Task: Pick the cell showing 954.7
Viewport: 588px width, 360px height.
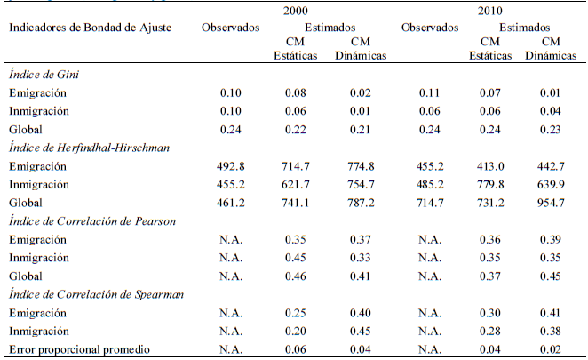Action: [549, 202]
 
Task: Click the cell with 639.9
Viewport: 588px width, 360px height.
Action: [549, 183]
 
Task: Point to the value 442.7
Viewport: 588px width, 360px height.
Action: [549, 165]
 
